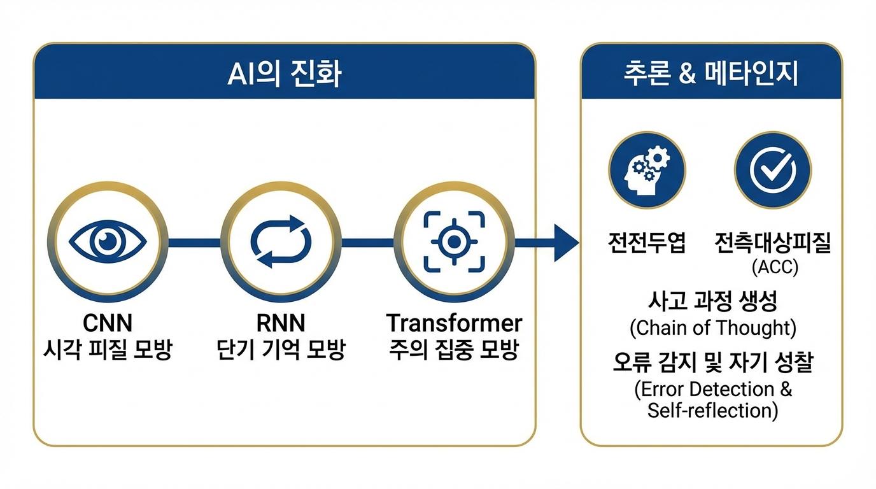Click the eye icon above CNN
(x=108, y=242)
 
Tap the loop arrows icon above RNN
(x=281, y=242)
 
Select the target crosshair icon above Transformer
(x=453, y=242)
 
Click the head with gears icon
(x=646, y=170)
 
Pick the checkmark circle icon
(x=772, y=170)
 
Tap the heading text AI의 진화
(x=284, y=74)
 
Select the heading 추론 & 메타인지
(x=710, y=74)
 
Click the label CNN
(x=108, y=323)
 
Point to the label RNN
(x=281, y=323)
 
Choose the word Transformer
(x=454, y=323)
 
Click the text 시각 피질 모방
(x=108, y=350)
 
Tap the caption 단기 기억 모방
(x=281, y=350)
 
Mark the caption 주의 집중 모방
(x=454, y=350)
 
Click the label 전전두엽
(x=646, y=243)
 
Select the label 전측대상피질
(x=773, y=243)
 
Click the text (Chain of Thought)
(x=712, y=328)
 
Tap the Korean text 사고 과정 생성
(x=712, y=302)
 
